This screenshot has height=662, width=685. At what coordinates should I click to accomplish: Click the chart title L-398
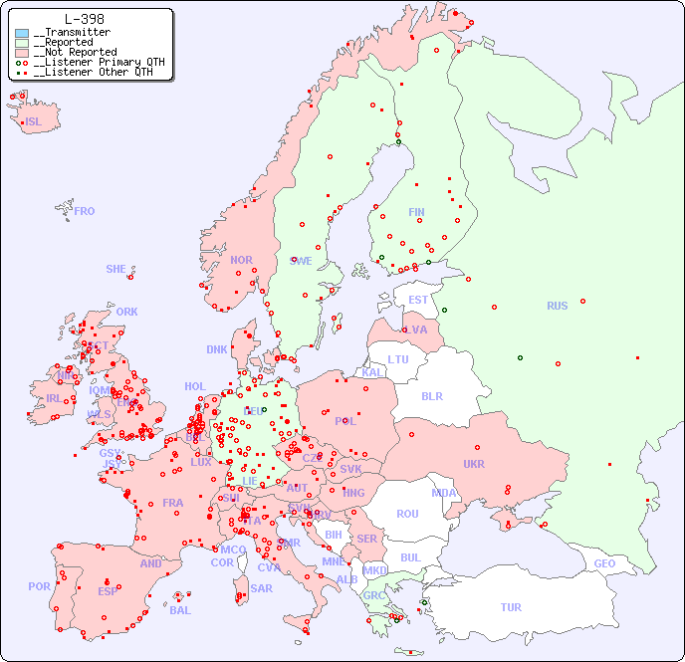pyautogui.click(x=85, y=19)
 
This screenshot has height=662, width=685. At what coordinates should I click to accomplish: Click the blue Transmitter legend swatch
pyautogui.click(x=22, y=33)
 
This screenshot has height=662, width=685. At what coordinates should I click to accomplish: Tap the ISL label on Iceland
pyautogui.click(x=34, y=122)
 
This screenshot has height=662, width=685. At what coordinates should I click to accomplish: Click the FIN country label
pyautogui.click(x=416, y=212)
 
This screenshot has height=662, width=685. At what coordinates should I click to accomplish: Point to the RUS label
pyautogui.click(x=557, y=306)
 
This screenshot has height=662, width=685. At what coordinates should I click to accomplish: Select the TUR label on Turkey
pyautogui.click(x=511, y=607)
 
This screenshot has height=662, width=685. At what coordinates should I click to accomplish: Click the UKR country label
pyautogui.click(x=474, y=464)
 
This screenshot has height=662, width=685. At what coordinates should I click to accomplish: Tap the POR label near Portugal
pyautogui.click(x=39, y=586)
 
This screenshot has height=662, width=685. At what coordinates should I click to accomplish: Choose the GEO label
pyautogui.click(x=604, y=563)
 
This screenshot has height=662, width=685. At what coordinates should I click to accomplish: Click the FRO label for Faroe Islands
pyautogui.click(x=85, y=211)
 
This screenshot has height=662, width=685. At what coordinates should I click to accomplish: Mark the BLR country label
pyautogui.click(x=431, y=395)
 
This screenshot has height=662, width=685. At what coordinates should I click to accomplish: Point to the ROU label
pyautogui.click(x=407, y=514)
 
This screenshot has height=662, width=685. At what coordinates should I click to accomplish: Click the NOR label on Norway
pyautogui.click(x=241, y=260)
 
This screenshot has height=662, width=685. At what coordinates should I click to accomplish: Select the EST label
pyautogui.click(x=418, y=300)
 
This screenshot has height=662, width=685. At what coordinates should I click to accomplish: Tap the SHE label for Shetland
pyautogui.click(x=116, y=269)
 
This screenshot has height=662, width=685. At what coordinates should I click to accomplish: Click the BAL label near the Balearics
pyautogui.click(x=180, y=610)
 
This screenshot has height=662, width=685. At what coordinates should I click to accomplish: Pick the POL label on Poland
pyautogui.click(x=345, y=421)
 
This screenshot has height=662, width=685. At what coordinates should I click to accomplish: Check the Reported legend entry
pyautogui.click(x=68, y=42)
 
